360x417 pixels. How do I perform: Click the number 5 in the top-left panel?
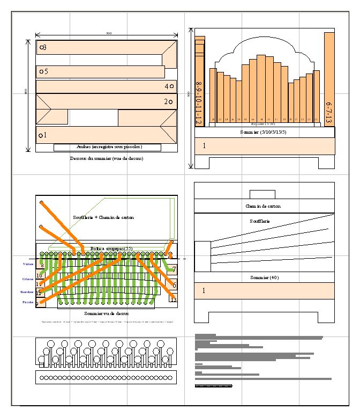46,71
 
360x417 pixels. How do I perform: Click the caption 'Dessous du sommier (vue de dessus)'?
107,158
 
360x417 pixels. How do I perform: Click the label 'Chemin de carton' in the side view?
262,206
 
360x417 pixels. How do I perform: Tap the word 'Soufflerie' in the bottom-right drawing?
260,221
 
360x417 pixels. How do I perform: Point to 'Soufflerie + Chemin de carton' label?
103,217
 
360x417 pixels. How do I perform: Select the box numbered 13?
172,300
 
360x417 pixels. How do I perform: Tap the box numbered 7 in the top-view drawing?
174,269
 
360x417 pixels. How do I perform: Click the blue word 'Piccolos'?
28,302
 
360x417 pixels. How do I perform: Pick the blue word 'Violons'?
28,264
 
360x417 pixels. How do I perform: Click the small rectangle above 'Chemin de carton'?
262,194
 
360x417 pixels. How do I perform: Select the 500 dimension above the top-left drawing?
109,33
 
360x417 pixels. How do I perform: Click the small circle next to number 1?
41,136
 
